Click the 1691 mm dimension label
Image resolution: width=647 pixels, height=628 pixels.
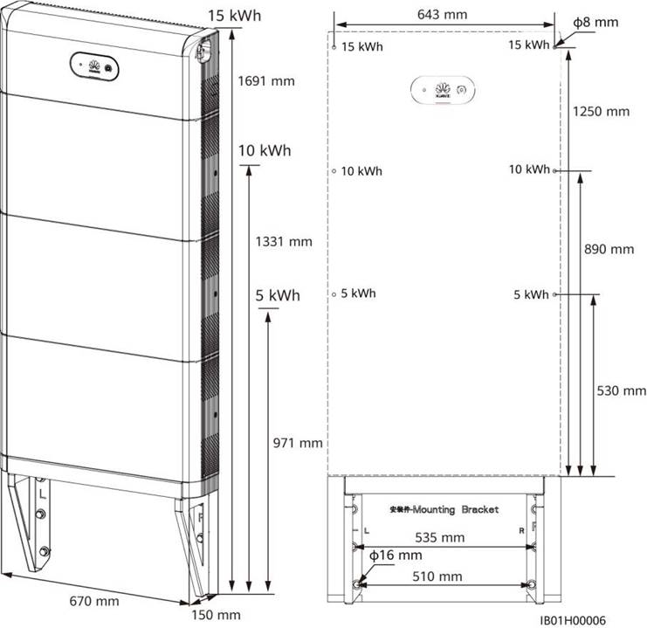[x=266, y=81]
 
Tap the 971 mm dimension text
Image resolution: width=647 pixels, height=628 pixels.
[x=298, y=443]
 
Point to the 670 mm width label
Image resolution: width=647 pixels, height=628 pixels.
[x=94, y=601]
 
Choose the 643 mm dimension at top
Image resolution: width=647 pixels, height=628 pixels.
[x=444, y=14]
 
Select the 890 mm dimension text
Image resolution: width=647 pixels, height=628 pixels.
[x=609, y=249]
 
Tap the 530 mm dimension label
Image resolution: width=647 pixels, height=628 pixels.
[x=621, y=390]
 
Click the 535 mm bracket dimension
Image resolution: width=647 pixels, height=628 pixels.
[x=440, y=537]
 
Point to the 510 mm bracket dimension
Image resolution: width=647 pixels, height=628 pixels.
[x=438, y=576]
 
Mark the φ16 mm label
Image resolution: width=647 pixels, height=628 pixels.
[x=396, y=556]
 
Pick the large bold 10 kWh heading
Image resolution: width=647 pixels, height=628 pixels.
[x=258, y=150]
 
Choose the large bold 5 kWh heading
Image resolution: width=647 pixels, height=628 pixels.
[x=277, y=295]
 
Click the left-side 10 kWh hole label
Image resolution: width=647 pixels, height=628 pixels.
[x=361, y=171]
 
